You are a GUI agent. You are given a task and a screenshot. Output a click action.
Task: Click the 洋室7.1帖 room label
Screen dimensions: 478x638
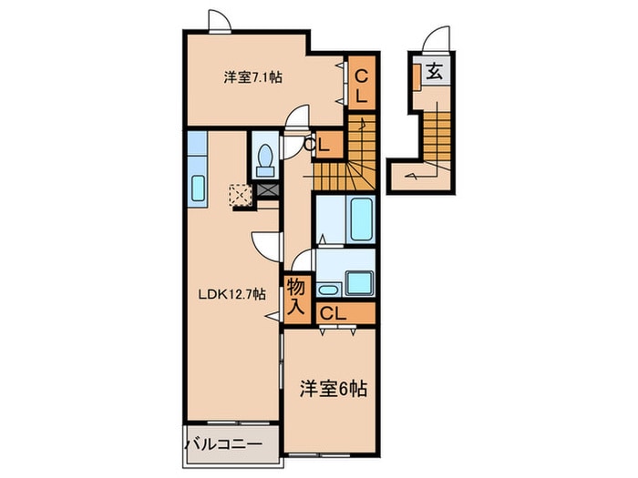pyautogui.click(x=252, y=77)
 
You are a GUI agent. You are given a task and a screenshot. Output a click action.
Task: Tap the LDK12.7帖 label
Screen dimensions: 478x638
pyautogui.click(x=232, y=294)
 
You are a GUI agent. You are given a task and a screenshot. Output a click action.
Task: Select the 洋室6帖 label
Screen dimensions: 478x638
pyautogui.click(x=334, y=390)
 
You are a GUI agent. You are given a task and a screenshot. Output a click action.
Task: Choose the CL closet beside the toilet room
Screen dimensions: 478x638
pyautogui.click(x=324, y=145)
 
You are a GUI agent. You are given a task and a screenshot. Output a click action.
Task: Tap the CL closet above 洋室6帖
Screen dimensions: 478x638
pyautogui.click(x=333, y=313)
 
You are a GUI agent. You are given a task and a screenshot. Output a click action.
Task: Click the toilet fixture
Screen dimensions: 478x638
pyautogui.click(x=266, y=160)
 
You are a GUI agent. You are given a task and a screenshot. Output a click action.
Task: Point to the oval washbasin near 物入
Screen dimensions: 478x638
pyautogui.click(x=329, y=290)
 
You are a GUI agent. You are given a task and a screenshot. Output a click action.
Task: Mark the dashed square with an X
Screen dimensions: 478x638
pyautogui.click(x=242, y=195)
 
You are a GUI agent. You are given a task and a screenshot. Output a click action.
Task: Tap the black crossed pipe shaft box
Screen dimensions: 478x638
pyautogui.click(x=269, y=190)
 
